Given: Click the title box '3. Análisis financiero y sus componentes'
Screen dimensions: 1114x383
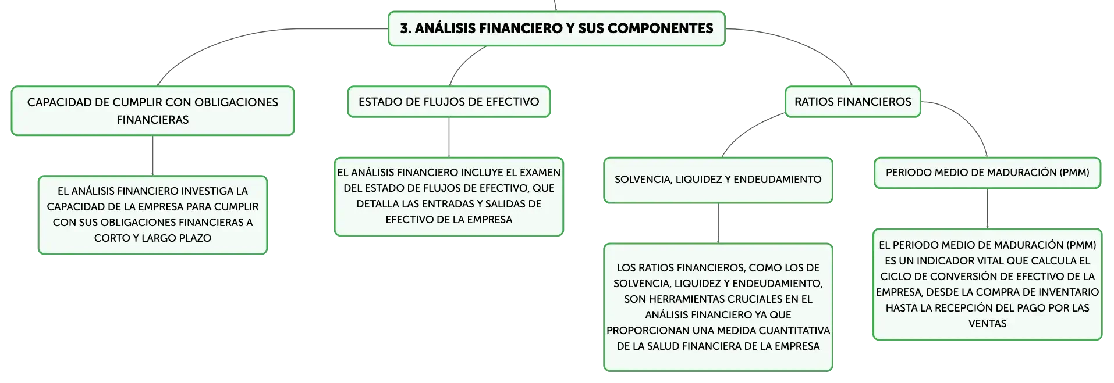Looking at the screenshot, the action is [x=556, y=28].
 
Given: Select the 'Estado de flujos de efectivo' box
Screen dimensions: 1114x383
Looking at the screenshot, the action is [x=449, y=102].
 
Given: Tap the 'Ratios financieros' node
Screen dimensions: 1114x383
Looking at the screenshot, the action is [x=853, y=102].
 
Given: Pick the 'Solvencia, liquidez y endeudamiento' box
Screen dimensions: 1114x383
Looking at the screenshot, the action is [x=718, y=180].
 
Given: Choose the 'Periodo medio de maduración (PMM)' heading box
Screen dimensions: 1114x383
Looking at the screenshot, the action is [x=988, y=173].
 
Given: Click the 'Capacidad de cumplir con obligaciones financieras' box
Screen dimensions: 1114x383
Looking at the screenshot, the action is [x=152, y=111].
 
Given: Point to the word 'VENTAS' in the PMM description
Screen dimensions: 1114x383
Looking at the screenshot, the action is [x=987, y=324].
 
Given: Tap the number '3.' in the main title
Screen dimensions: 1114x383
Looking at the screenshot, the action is [x=406, y=28].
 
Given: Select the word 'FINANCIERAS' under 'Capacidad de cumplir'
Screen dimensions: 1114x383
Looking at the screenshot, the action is [x=152, y=120].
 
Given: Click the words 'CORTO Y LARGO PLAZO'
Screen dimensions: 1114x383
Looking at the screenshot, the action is [x=152, y=238].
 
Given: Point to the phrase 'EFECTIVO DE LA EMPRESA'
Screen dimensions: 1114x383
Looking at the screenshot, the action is [x=449, y=220].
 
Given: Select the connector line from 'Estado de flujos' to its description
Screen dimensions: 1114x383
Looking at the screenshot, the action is [x=449, y=137].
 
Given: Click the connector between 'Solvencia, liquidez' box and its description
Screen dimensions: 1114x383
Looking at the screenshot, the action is [x=718, y=223].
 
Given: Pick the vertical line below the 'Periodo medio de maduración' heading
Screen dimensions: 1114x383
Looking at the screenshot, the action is [x=988, y=208].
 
